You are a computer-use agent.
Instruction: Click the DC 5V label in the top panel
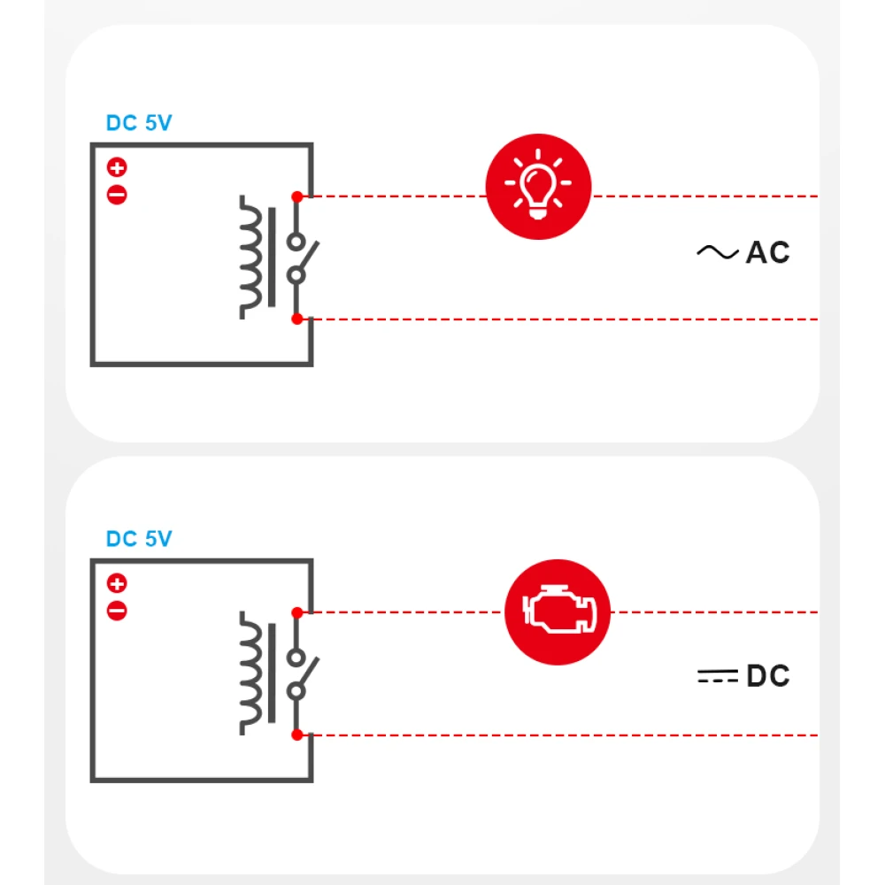tap(139, 123)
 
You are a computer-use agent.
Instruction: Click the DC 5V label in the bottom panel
tap(139, 539)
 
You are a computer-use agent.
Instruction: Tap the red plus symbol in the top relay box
tap(117, 166)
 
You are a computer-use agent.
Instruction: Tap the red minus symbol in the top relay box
tap(117, 195)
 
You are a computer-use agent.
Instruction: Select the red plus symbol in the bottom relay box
tap(117, 583)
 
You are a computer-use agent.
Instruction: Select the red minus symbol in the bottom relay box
tap(117, 611)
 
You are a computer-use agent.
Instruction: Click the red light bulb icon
tap(538, 187)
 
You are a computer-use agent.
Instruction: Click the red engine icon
tap(557, 612)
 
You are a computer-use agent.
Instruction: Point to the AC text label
tap(767, 253)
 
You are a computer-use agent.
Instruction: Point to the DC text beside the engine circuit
tap(767, 677)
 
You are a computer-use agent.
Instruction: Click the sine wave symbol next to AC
tap(717, 253)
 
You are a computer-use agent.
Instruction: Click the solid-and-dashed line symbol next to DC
tap(717, 677)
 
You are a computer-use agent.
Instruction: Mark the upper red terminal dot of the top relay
tap(297, 196)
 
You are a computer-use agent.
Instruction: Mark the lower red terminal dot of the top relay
tap(297, 319)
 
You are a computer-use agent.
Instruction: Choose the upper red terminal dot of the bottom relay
tap(297, 612)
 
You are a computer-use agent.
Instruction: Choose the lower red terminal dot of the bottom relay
tap(297, 735)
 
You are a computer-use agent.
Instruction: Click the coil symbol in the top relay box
tap(253, 258)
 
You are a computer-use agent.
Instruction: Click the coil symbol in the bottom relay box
tap(253, 673)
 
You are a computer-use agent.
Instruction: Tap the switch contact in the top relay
tap(300, 258)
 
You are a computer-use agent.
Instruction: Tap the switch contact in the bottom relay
tap(300, 673)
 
